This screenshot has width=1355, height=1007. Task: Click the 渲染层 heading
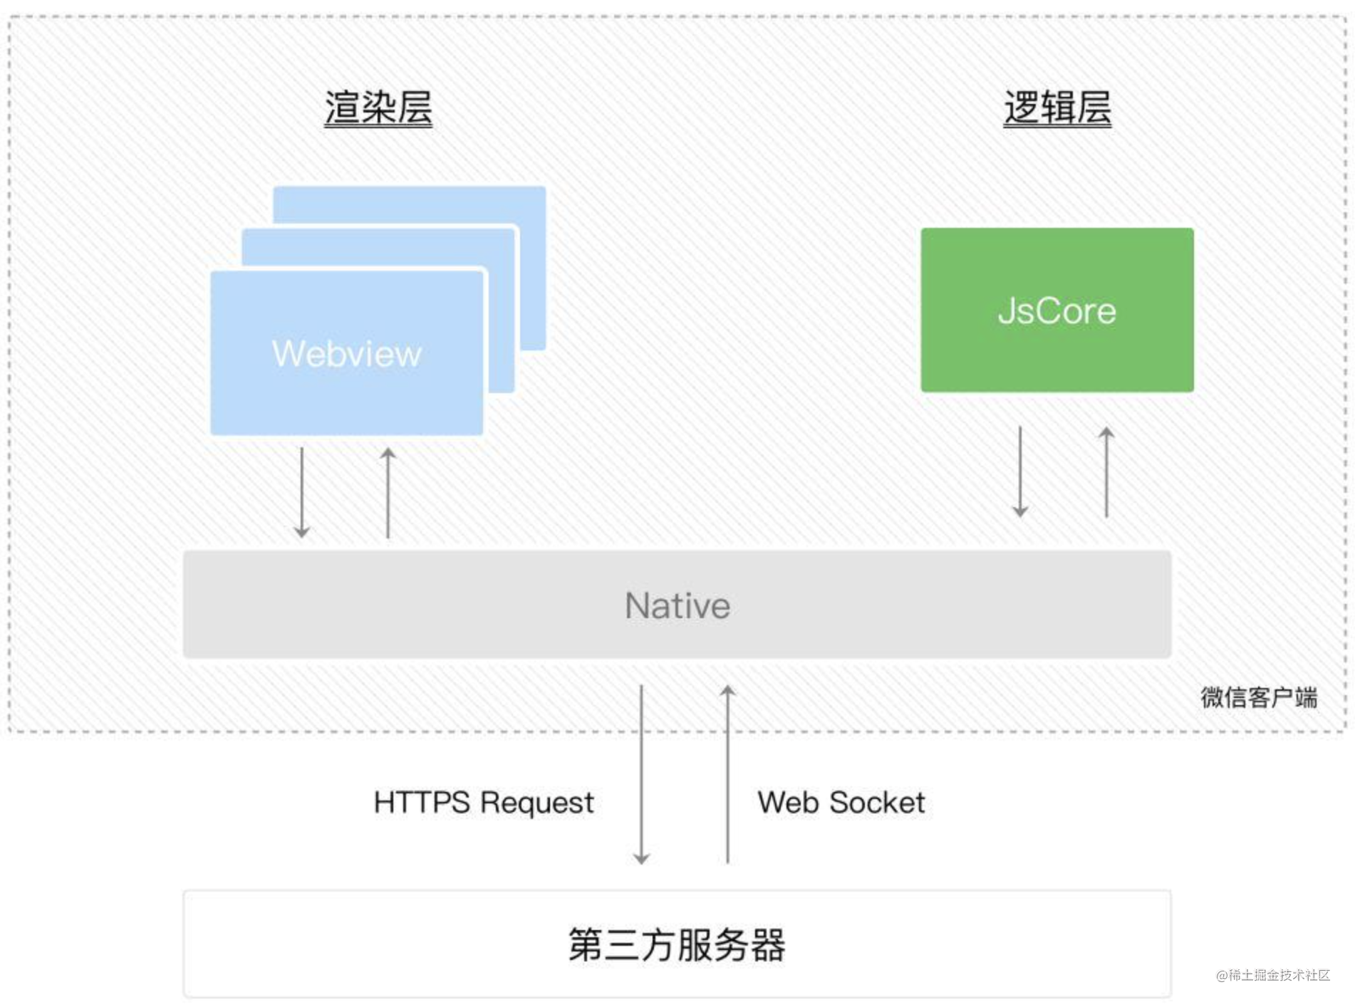[378, 108]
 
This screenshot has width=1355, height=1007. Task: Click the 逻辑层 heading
[1057, 108]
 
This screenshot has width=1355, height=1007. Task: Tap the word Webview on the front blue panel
[347, 354]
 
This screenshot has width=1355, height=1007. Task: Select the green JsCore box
[1057, 311]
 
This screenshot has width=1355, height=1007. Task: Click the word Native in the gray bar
[677, 605]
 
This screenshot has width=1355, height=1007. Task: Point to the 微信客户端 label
[1258, 697]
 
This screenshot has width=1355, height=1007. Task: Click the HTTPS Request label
[483, 803]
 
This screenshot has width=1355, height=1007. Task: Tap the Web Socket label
[841, 803]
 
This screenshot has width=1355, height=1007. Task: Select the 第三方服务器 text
[677, 944]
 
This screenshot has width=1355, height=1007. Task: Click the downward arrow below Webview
[302, 492]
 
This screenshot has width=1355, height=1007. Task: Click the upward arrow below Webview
[388, 492]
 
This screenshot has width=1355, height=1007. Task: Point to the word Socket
[877, 803]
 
